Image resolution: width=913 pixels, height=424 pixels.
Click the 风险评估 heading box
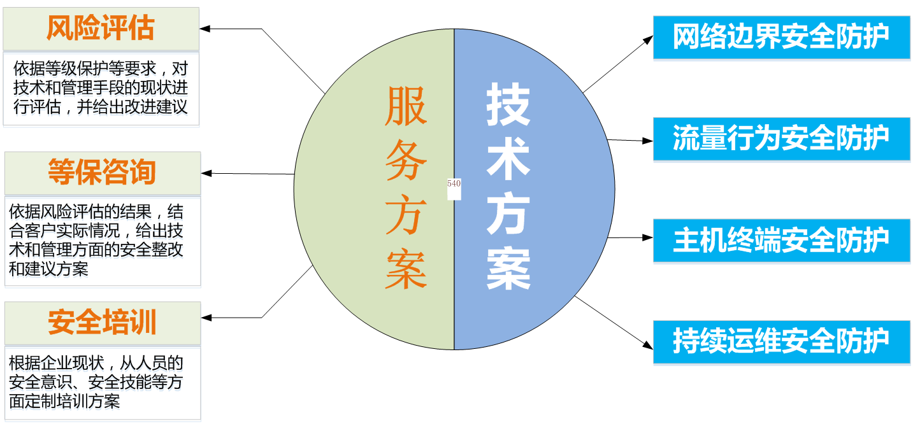coord(101,29)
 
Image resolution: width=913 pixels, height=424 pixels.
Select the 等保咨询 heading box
coord(102,173)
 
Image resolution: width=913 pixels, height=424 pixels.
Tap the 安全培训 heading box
coord(102,323)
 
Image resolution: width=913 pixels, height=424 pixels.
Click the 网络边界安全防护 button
coord(781,37)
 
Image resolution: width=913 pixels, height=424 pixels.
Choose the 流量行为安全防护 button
coord(781,139)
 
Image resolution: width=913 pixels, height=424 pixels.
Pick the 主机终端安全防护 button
coord(781,241)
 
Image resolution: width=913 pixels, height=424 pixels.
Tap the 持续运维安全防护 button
coord(781,342)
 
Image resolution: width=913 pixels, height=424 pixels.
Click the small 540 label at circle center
coord(454,184)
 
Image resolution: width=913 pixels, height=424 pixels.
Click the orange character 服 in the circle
coord(406,106)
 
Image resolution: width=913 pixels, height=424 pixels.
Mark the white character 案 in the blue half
coord(508,268)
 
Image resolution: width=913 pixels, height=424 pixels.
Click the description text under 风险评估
coord(101,90)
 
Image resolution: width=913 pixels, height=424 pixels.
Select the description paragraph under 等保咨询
coord(97,242)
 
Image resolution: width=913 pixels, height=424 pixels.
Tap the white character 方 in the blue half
coord(508,214)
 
